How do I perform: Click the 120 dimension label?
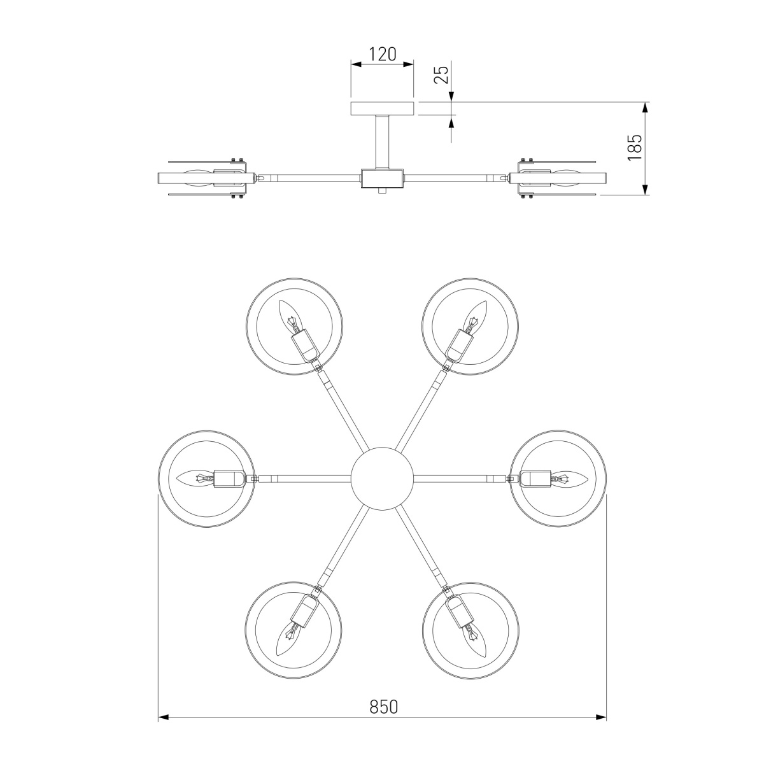coord(383,54)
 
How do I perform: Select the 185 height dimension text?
coord(635,148)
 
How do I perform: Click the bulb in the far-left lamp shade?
coord(194,478)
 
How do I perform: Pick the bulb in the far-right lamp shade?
coord(570,478)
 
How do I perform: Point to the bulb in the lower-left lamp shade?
coord(290,640)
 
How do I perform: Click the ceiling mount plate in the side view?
coord(382,108)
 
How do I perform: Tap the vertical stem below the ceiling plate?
coord(382,141)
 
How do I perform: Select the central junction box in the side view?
coord(382,178)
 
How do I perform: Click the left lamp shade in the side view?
coord(201,178)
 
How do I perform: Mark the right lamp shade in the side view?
coord(563,178)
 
